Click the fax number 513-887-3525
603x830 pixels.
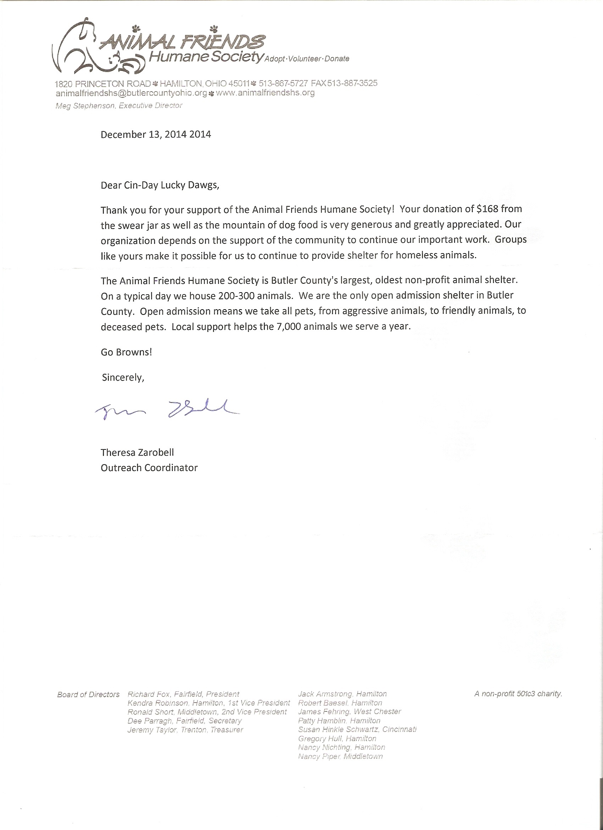[x=352, y=83]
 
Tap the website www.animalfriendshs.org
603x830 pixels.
[x=265, y=93]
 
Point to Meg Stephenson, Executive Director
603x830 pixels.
[x=118, y=106]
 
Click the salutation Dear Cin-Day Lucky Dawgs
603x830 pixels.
[x=160, y=185]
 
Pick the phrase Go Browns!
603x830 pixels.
[x=126, y=352]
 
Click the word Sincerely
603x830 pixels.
[x=123, y=378]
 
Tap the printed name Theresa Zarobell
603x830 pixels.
[x=137, y=452]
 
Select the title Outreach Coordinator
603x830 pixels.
[x=149, y=468]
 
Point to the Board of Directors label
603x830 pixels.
[x=88, y=695]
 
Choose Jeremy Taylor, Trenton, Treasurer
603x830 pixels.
[x=185, y=730]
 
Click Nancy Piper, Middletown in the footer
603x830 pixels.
[x=340, y=757]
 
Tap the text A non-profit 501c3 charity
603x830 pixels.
[x=518, y=693]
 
